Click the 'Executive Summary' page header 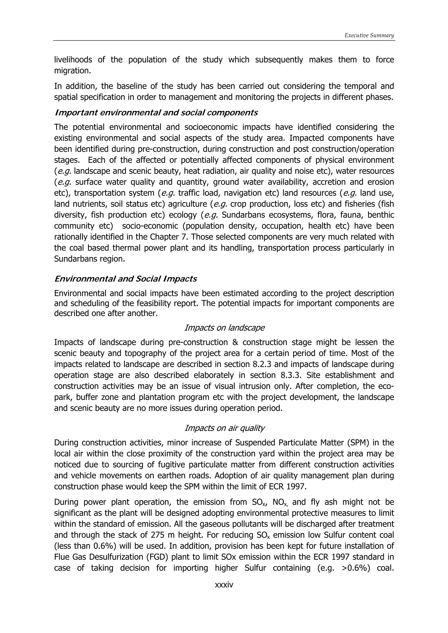pos(369,35)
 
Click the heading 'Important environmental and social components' pos(156,113)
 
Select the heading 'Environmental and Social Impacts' pos(126,279)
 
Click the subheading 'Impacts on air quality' pos(224,428)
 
